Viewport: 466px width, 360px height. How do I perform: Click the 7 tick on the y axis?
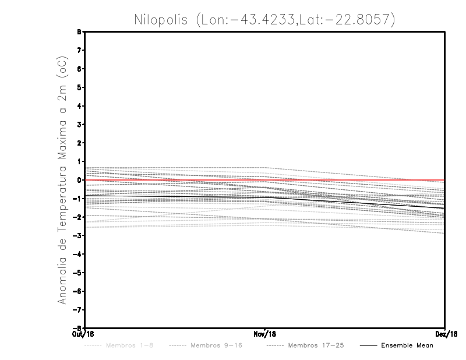point(79,50)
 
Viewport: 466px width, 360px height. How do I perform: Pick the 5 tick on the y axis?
point(79,87)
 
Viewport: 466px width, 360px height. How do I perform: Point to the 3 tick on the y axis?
point(79,125)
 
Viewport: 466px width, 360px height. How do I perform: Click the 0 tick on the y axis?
point(79,180)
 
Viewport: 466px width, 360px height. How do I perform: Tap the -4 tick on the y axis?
point(78,254)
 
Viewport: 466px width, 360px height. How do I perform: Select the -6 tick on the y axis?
point(78,291)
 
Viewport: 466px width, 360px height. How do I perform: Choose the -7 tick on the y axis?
point(78,310)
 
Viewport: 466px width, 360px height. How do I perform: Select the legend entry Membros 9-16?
point(216,346)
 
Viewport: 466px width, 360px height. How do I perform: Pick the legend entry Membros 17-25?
point(316,346)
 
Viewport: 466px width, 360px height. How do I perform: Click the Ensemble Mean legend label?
point(407,346)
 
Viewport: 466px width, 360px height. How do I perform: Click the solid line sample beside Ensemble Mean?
point(368,346)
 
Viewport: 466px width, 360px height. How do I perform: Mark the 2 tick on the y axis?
point(79,143)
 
